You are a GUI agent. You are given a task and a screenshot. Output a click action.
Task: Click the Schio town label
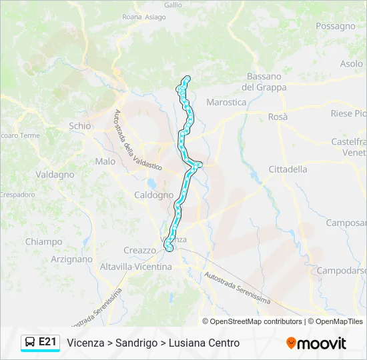79,125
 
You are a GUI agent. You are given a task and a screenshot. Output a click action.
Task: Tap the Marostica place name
226,102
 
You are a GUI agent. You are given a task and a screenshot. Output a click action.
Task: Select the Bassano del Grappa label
264,82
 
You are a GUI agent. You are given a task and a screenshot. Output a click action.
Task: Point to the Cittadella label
288,169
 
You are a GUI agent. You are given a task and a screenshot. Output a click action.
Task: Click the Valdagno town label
55,174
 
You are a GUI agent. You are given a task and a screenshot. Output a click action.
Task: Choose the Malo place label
105,161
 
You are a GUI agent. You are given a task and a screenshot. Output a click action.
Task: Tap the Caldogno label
153,195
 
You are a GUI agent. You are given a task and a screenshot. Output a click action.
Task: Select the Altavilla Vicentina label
135,267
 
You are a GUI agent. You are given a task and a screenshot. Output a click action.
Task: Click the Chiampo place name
43,241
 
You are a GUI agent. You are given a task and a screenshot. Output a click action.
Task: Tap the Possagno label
336,26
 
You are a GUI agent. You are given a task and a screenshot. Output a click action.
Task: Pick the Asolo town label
352,64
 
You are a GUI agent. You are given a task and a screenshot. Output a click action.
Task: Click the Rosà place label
278,117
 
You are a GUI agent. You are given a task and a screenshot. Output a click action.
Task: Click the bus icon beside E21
30,343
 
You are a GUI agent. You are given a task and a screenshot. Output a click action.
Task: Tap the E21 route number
47,342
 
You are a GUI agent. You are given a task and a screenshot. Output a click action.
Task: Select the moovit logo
316,343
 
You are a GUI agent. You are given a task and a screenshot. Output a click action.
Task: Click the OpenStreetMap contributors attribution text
256,321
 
